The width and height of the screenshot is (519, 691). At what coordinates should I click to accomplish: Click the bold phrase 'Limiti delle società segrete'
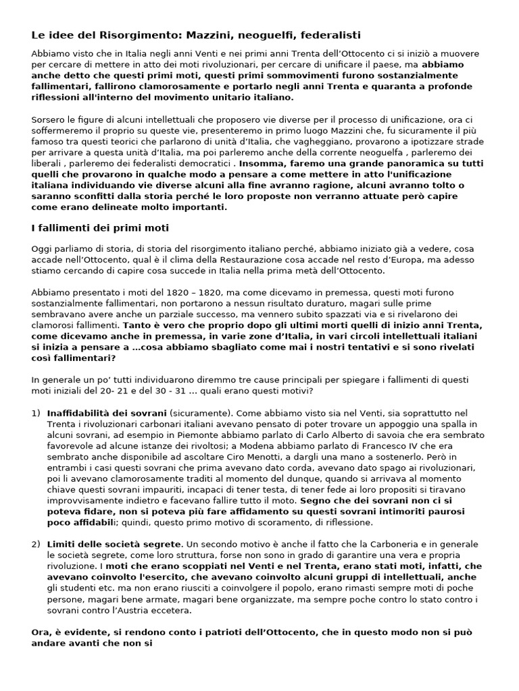(x=114, y=544)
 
